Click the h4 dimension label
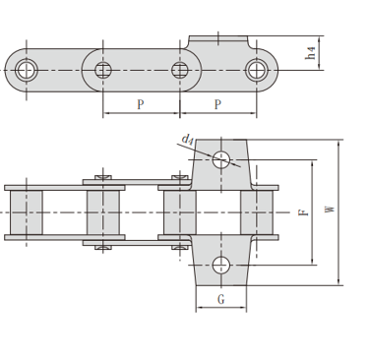coord(310,53)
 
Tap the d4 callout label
coord(188,140)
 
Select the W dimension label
coord(331,209)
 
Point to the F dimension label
coord(304,211)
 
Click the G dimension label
coord(221,299)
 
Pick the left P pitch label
coord(141,104)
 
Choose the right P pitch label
coord(217,104)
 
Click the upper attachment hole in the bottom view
coord(221,159)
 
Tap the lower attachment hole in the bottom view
coord(221,265)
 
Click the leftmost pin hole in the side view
coord(27,70)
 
